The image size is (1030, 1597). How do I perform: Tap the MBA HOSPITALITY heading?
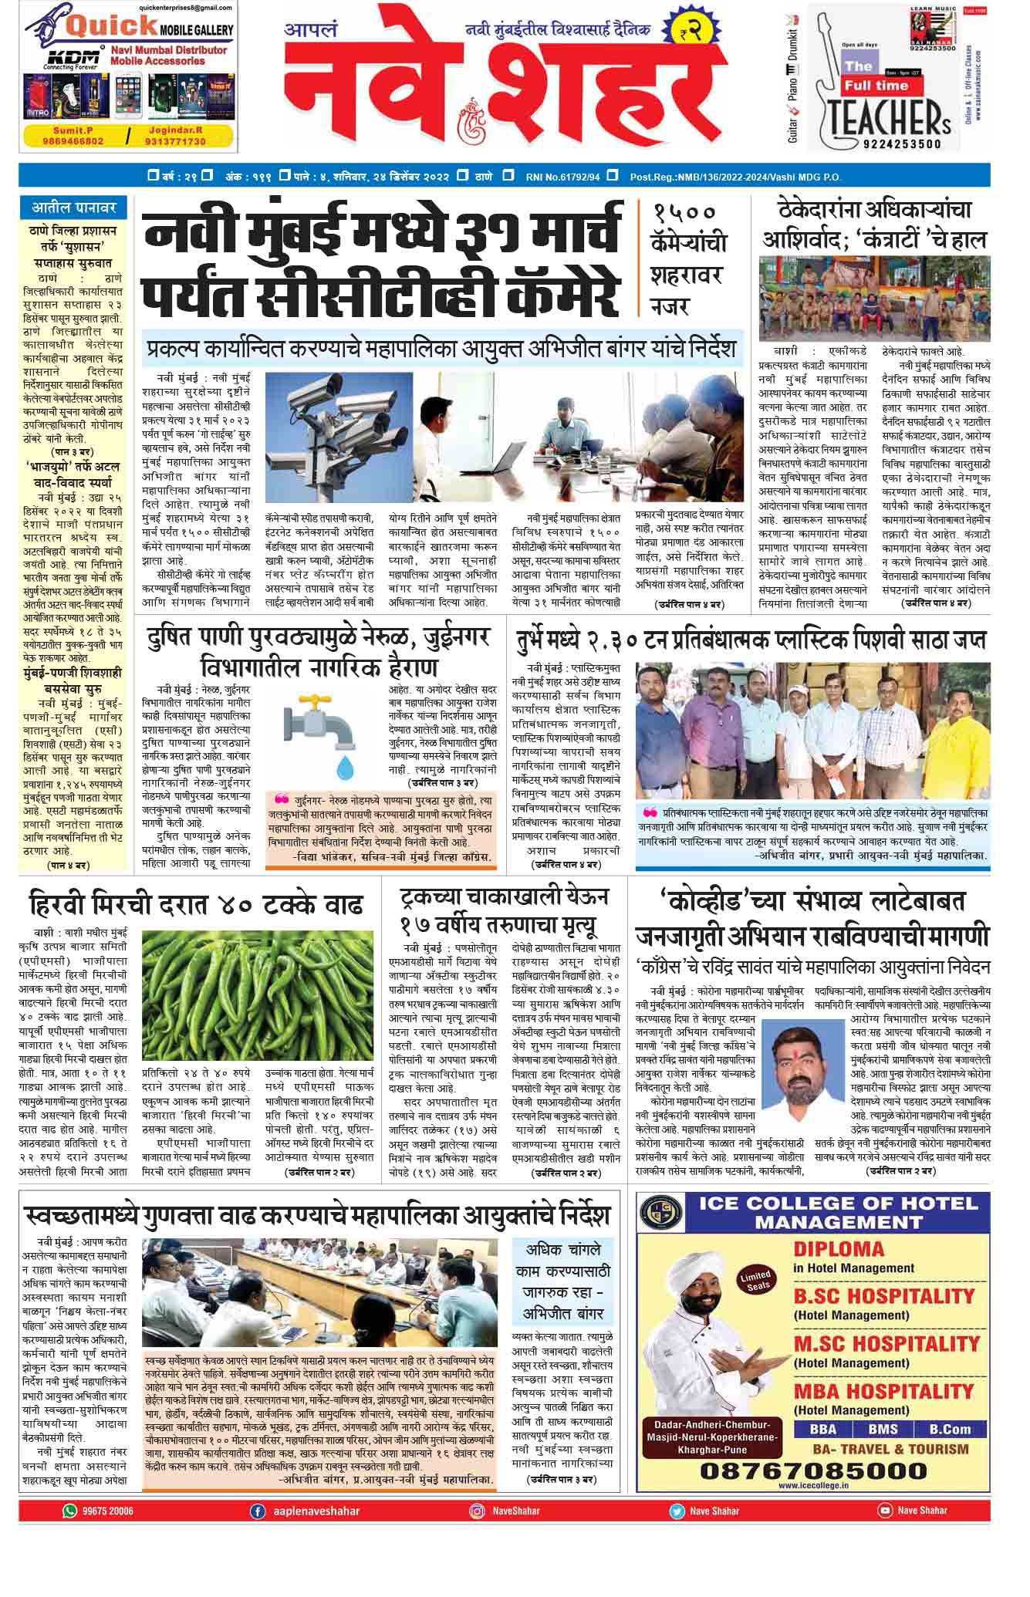(883, 1392)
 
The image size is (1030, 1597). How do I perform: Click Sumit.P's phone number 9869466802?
(74, 141)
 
